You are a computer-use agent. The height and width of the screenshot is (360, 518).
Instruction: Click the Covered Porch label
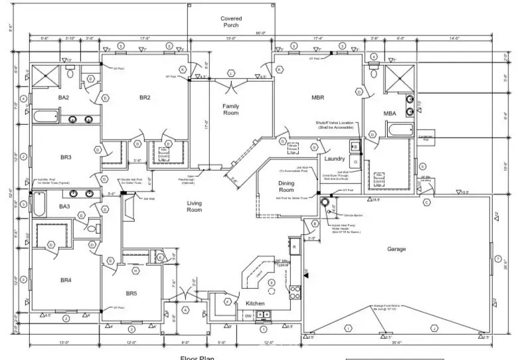point(230,23)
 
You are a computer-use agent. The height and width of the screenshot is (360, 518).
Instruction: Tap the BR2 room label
point(145,98)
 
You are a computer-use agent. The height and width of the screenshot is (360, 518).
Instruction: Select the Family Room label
point(230,110)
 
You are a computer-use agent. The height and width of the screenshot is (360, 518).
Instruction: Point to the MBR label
point(317,98)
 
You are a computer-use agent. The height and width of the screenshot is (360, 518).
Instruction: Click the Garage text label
point(396,249)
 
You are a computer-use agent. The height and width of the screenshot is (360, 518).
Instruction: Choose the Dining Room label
point(286,187)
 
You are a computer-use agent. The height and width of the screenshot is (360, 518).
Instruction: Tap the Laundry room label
point(333,159)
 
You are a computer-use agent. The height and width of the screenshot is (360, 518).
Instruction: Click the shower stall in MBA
point(398,80)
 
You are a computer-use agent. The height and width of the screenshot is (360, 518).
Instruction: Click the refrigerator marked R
point(226,301)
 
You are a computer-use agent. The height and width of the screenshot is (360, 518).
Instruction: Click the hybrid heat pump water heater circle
point(325,201)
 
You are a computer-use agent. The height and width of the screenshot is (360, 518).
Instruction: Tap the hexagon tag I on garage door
point(347,327)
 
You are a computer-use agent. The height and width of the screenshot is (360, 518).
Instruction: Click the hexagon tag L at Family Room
point(230,73)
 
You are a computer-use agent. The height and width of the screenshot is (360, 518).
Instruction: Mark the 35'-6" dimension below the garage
point(396,343)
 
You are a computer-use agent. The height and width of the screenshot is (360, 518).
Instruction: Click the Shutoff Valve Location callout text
point(339,126)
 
